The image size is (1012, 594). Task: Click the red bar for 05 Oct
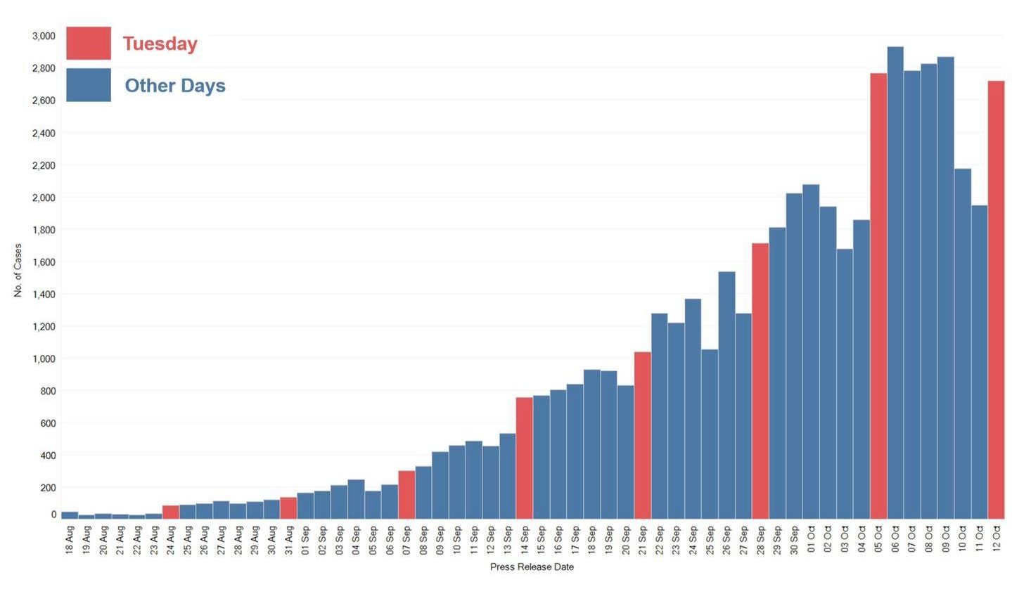point(878,295)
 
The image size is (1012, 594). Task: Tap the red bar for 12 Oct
point(996,299)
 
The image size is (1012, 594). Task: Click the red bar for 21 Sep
point(642,435)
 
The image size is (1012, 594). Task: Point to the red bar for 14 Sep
point(524,458)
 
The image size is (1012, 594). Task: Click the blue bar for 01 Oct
point(811,351)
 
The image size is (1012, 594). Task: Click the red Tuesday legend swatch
point(89,44)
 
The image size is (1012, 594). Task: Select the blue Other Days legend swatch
point(89,85)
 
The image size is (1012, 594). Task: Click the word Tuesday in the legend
point(160,44)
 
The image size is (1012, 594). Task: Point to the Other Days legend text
point(175,86)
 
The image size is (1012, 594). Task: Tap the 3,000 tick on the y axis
point(44,36)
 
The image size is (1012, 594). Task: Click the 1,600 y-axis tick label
point(44,262)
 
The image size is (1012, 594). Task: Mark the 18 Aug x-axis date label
point(70,540)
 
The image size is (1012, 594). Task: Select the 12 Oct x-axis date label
point(997,540)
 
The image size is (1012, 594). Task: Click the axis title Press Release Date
point(532,567)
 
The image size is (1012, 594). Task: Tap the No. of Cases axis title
point(18,271)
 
